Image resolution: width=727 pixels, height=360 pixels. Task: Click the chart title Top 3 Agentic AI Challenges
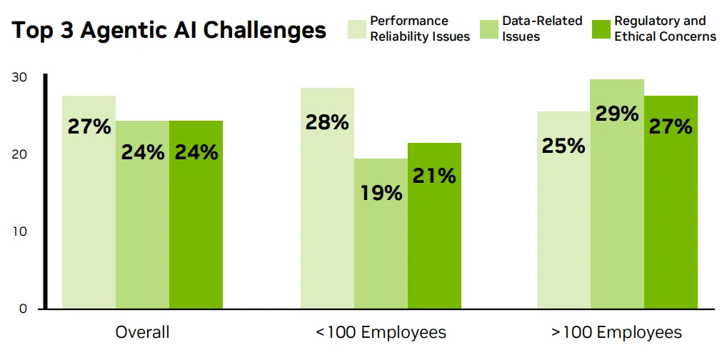pos(169,31)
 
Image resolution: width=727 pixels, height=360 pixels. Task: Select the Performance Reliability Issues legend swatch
pos(356,29)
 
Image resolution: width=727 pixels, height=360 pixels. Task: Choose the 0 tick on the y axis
pos(23,309)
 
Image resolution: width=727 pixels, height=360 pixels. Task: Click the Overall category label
pos(142,332)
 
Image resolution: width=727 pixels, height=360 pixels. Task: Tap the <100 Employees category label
pos(381,332)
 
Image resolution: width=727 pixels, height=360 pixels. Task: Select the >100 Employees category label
pos(616,332)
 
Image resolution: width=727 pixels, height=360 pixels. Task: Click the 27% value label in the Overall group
pos(89,126)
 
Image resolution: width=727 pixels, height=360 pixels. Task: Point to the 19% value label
pos(381,192)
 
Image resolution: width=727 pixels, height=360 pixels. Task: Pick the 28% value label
pos(327,122)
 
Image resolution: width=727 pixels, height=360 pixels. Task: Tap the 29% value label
pos(617,114)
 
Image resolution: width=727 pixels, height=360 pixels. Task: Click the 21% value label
pos(434,176)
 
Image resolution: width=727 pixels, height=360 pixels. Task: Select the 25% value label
pos(563,146)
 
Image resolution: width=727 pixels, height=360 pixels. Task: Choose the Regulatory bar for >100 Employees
pos(671,214)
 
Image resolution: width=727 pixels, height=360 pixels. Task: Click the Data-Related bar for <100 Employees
pos(381,250)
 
